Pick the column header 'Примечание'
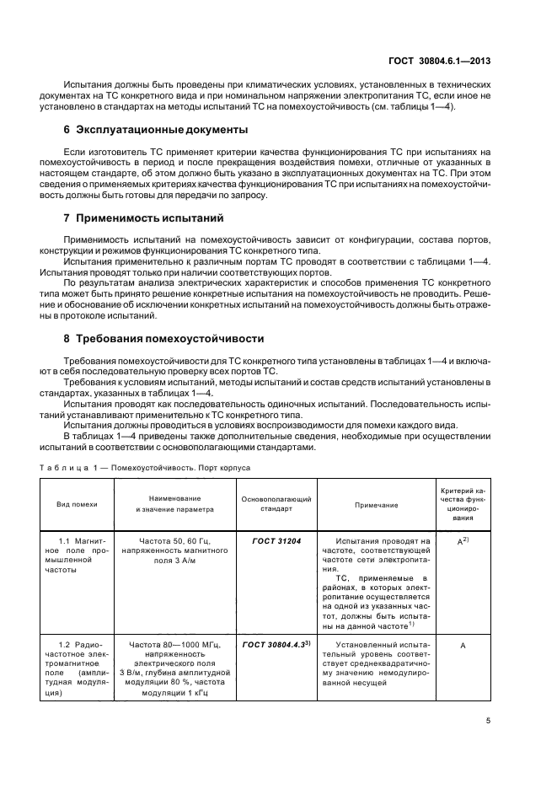(x=377, y=504)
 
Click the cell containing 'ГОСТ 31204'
(x=271, y=539)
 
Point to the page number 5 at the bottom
(x=488, y=721)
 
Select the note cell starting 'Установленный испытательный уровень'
(x=377, y=663)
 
